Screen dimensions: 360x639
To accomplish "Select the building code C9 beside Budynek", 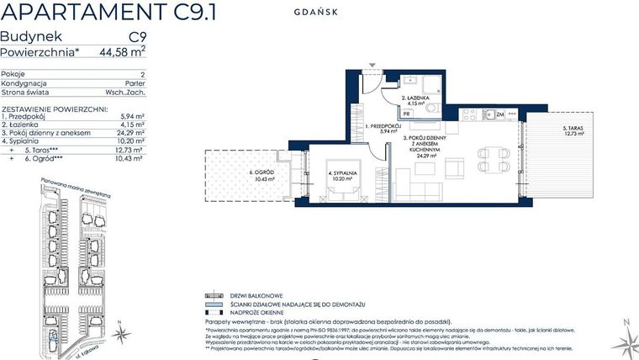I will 137,37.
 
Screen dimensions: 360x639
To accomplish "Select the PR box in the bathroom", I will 406,113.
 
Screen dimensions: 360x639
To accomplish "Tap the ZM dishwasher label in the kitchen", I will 499,114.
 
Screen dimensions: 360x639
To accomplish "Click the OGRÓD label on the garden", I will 259,174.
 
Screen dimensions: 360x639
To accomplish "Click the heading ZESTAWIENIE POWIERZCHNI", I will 54,109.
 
